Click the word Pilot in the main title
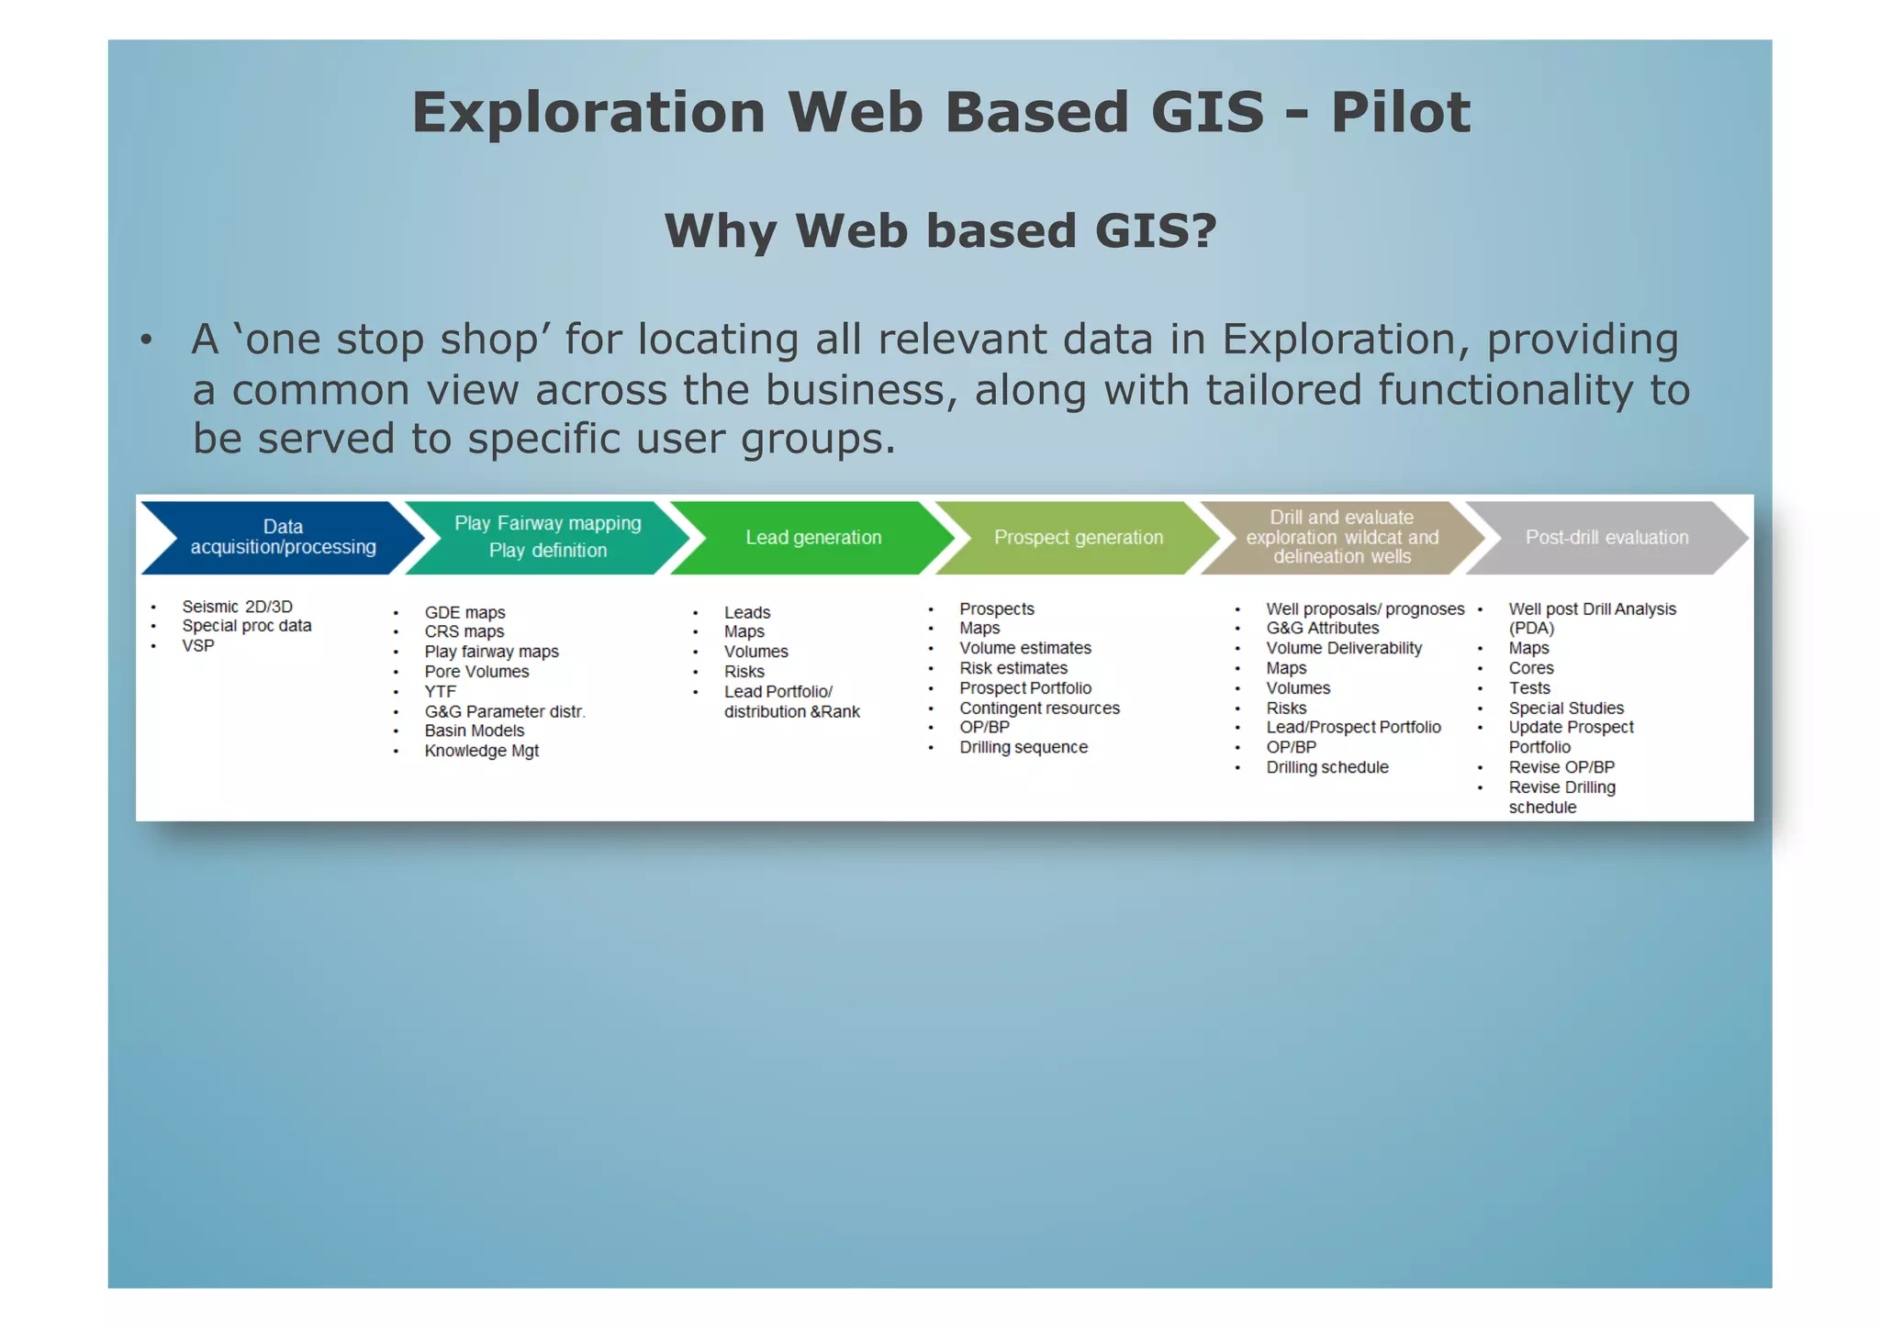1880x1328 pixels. pos(1400,113)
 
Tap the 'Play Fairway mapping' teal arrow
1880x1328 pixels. pos(547,538)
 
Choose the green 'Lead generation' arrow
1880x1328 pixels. pos(813,538)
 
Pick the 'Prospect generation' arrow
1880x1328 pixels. pos(1078,538)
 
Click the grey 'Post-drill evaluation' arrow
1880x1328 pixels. pos(1606,538)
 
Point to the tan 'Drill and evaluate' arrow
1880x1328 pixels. pos(1341,538)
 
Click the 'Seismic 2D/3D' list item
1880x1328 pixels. pos(237,607)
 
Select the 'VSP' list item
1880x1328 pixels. pos(197,646)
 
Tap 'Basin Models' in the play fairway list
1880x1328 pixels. pos(474,731)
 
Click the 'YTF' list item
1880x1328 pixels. pos(440,692)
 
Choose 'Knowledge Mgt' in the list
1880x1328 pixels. pos(481,752)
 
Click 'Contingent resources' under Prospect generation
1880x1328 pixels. pos(1039,709)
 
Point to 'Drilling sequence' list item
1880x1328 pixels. pos(1024,748)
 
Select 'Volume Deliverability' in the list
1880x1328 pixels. pos(1344,649)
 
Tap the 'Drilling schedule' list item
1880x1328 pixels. pos(1327,768)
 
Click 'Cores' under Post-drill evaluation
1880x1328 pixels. pos(1531,669)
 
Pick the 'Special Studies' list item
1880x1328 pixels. pos(1566,709)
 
